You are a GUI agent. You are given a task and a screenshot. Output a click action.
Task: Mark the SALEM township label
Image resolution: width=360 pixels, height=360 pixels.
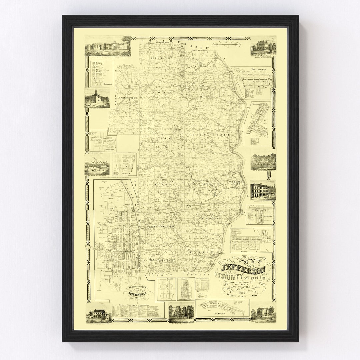(x=164, y=138)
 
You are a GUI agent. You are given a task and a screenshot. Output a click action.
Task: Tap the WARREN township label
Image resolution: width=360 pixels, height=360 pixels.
(x=206, y=252)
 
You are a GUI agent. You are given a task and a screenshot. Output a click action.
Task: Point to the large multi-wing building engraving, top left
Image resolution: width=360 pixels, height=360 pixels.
(x=108, y=46)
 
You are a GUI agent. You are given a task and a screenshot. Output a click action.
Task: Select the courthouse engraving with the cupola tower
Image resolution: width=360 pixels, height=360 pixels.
(x=96, y=99)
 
